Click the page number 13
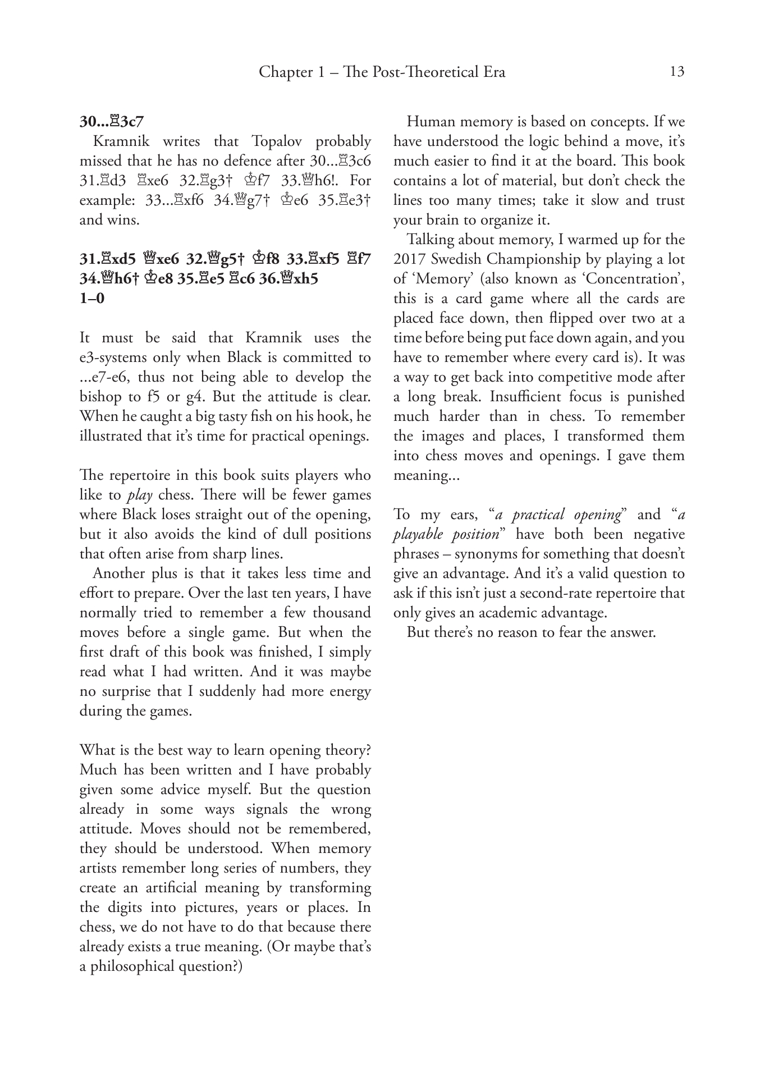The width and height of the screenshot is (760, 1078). (677, 72)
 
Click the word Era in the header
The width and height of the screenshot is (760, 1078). (493, 72)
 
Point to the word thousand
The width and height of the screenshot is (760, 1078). (342, 613)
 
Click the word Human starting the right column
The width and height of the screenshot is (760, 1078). (431, 122)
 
